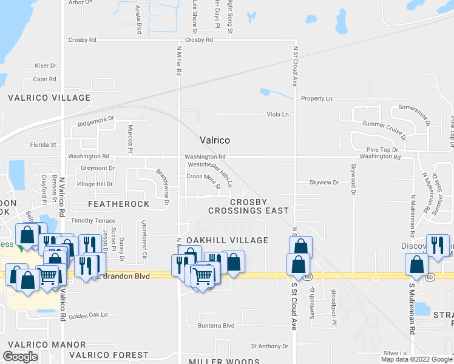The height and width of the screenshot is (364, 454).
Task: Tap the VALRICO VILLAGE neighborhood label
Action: click(x=49, y=98)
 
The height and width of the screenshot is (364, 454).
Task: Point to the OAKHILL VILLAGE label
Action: click(x=227, y=240)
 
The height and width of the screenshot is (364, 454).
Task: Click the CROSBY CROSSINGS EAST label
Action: click(x=249, y=206)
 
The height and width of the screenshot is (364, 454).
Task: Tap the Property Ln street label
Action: click(x=317, y=98)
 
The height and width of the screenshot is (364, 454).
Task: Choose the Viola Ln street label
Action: click(x=277, y=114)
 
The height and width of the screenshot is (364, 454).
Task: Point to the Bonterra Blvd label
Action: click(x=217, y=325)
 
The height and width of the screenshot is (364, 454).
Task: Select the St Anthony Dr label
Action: click(x=270, y=346)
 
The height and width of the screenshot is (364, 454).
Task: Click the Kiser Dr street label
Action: click(x=46, y=66)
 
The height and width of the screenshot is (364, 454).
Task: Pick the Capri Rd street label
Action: click(x=44, y=79)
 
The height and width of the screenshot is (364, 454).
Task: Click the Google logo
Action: click(x=20, y=357)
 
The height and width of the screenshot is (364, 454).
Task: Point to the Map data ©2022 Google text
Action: click(x=416, y=359)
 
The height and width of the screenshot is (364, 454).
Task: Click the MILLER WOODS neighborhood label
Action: click(x=223, y=361)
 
